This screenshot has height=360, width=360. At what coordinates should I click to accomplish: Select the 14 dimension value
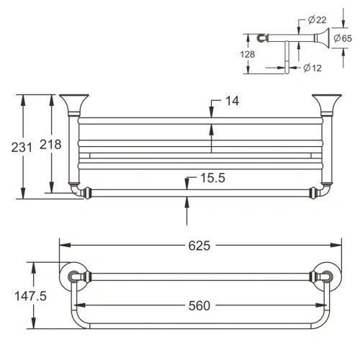[x=231, y=102]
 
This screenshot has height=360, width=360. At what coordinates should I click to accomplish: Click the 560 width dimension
[x=194, y=305]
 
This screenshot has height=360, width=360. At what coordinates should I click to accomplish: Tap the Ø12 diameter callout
[x=311, y=68]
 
